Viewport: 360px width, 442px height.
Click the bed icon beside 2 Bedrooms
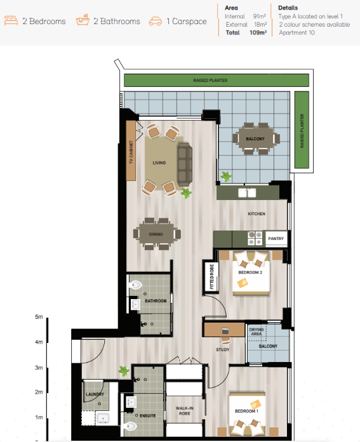11,21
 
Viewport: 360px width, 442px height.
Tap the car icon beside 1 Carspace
156,22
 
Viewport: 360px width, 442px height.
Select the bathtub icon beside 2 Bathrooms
83,20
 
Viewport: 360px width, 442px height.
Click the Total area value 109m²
258,32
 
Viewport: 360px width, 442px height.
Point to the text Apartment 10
297,32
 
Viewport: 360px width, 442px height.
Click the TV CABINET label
131,152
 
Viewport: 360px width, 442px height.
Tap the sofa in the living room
185,164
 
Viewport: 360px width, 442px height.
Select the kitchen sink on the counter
247,193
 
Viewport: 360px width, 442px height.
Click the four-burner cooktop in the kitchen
255,238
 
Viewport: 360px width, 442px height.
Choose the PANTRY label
276,239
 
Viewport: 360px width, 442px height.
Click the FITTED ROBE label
211,276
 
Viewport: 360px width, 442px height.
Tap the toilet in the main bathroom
135,285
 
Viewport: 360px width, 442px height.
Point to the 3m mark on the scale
39,368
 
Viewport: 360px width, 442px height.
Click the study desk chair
225,340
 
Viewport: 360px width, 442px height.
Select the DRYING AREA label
257,331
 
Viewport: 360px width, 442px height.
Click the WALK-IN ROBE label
185,411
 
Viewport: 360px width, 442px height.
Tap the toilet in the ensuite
130,426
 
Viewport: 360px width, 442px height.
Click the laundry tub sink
103,419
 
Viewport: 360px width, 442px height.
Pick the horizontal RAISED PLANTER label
210,81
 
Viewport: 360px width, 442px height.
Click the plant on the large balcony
226,177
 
